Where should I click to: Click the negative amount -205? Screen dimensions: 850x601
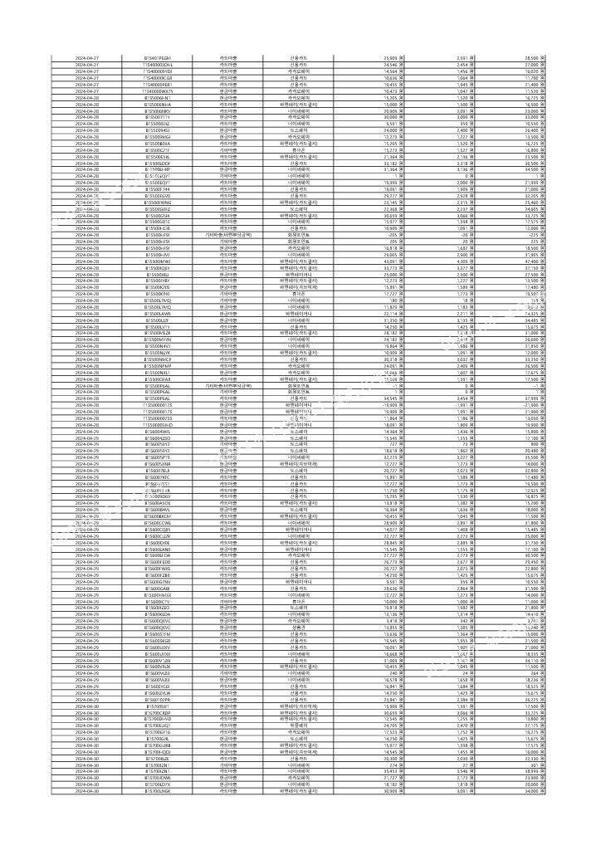(397, 235)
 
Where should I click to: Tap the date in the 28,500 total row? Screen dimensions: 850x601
(86, 57)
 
